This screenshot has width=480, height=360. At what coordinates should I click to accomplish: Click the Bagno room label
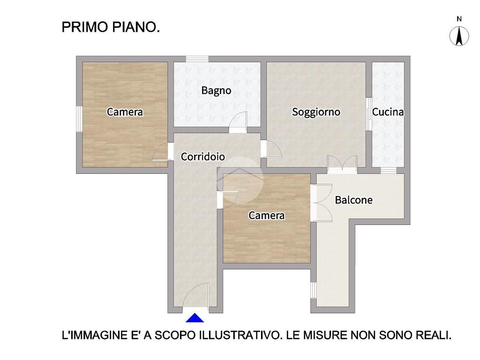[x=216, y=91]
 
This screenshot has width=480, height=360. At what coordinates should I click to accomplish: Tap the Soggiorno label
[x=316, y=112]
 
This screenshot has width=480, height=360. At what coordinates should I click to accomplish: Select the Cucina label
[x=388, y=112]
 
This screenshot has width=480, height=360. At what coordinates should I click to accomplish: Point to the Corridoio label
[x=202, y=157]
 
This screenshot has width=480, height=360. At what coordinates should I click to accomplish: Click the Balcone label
[x=353, y=200]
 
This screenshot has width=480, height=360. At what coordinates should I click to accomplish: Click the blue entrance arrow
[x=195, y=318]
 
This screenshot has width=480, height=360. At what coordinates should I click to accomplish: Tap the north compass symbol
[x=459, y=36]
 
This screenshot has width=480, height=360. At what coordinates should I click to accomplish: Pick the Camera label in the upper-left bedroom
[x=125, y=112]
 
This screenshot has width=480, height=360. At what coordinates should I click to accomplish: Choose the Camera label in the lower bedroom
[x=266, y=216]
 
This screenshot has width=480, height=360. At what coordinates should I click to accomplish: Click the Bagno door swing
[x=238, y=122]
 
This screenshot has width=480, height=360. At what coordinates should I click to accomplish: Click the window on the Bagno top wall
[x=197, y=59]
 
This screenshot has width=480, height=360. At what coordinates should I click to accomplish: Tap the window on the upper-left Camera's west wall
[x=79, y=119]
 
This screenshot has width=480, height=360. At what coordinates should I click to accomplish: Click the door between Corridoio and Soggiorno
[x=271, y=149]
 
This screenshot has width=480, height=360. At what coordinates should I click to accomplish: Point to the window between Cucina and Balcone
[x=388, y=171]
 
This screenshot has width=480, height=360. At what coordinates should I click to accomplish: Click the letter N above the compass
[x=459, y=19]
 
